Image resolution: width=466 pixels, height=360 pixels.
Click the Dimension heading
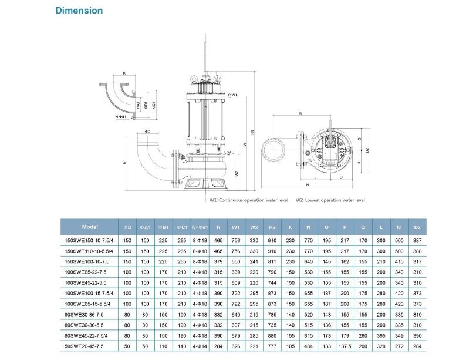pyautogui.click(x=79, y=11)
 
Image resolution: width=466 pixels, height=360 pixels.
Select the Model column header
pyautogui.click(x=90, y=227)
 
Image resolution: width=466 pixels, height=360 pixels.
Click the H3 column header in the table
pyautogui.click(x=272, y=227)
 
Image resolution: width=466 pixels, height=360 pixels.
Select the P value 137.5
pyautogui.click(x=345, y=346)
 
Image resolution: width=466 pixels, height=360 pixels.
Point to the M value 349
pyautogui.click(x=399, y=335)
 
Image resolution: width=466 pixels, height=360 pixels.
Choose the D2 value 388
pyautogui.click(x=417, y=250)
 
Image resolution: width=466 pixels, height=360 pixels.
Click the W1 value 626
pyautogui.click(x=235, y=346)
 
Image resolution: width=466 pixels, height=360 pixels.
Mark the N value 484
pyautogui.click(x=308, y=346)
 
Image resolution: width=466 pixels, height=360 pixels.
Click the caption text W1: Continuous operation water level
pyautogui.click(x=249, y=200)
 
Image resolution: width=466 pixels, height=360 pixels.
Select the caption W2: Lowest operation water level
pyautogui.click(x=330, y=200)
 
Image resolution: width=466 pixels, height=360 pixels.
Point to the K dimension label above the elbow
pyautogui.click(x=124, y=73)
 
